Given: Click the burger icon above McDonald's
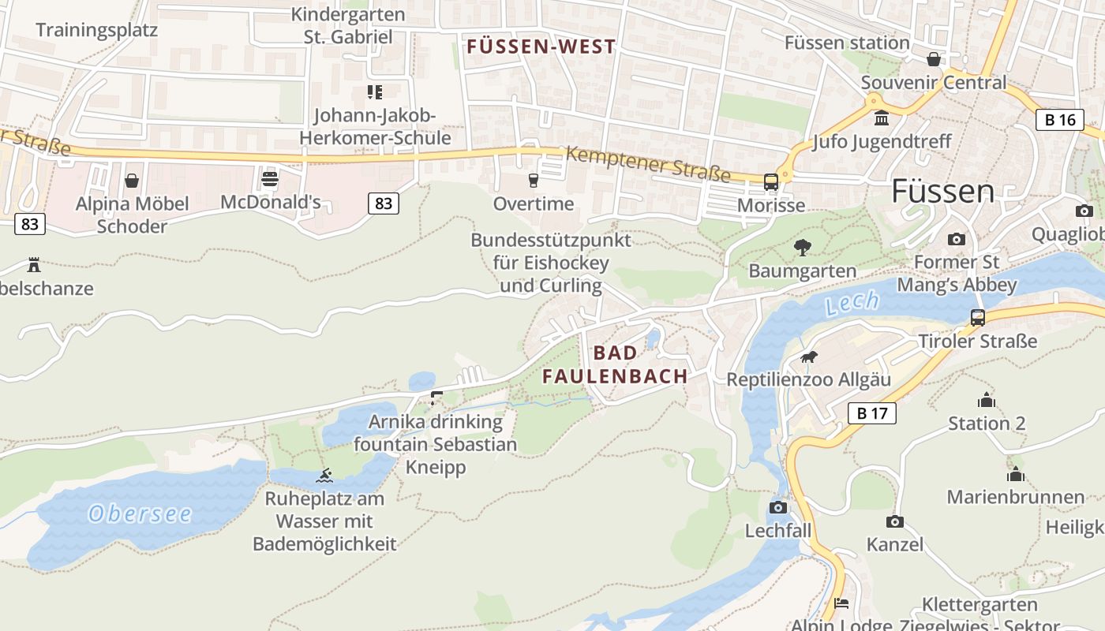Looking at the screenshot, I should click(x=270, y=178).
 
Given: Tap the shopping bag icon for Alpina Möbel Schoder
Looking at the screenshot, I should click(x=132, y=181).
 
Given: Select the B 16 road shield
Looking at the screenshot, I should click(x=1059, y=120).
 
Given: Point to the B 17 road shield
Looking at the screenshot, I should click(x=872, y=413).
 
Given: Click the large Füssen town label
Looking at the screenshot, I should click(x=942, y=192).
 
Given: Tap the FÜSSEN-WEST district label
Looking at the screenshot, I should click(x=541, y=47).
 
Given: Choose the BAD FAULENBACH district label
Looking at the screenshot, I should click(x=615, y=364).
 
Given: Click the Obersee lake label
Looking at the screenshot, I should click(x=140, y=514).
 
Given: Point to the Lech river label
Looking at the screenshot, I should click(x=852, y=302).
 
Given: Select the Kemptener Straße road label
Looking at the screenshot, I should click(x=648, y=162).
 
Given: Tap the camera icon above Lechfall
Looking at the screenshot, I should click(x=778, y=507).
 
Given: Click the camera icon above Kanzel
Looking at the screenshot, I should click(x=894, y=521).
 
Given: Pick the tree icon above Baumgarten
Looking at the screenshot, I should click(x=802, y=248).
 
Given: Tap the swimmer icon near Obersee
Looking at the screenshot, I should click(x=324, y=476).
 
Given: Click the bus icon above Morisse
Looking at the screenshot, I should click(x=771, y=182).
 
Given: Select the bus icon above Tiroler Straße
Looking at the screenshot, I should click(x=977, y=318).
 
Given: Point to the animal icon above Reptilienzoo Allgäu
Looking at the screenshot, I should click(x=808, y=357).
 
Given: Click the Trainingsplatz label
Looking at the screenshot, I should click(x=96, y=30).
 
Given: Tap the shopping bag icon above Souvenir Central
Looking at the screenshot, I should click(x=934, y=59).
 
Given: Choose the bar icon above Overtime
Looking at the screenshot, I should click(x=533, y=181).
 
